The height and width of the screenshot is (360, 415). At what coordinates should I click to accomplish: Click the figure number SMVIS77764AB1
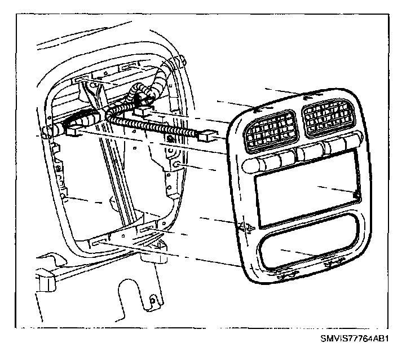356,339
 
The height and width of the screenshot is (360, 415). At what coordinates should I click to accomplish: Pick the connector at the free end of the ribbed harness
205,135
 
